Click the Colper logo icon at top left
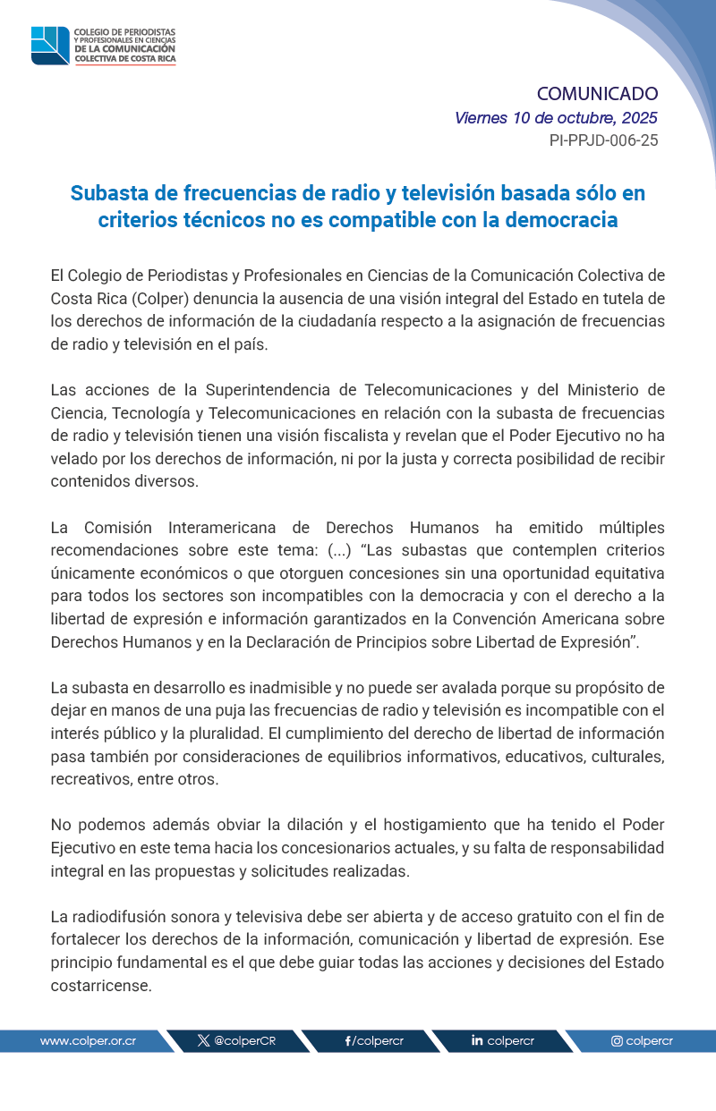50,46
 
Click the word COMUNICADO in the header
597,94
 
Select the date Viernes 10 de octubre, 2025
556,118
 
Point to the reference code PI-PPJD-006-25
603,140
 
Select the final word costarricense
101,986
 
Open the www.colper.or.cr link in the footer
88,1041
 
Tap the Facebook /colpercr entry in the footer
374,1041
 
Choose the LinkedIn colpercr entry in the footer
502,1041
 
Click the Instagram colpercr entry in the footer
642,1041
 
